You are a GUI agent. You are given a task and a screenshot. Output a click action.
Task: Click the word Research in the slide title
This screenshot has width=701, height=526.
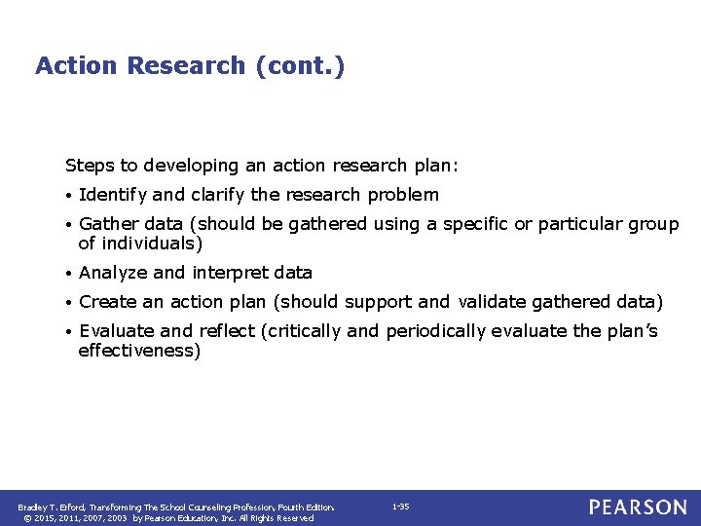coord(186,65)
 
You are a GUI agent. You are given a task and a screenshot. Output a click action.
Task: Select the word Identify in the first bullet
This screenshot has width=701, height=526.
coord(109,195)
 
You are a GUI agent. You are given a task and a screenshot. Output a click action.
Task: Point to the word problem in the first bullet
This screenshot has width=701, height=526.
coord(403,195)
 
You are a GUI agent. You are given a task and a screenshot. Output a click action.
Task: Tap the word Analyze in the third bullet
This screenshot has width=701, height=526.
coord(111,273)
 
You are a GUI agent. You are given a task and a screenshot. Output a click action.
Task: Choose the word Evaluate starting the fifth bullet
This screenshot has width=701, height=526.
coord(115,331)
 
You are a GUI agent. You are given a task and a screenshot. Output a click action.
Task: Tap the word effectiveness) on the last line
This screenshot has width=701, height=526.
coord(139,351)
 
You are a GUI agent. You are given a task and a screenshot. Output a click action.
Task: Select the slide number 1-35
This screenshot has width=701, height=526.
coord(400,507)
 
